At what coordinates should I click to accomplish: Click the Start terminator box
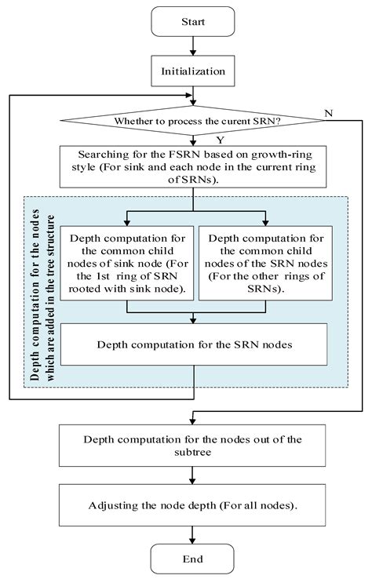click(x=192, y=22)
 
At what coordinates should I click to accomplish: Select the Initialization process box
click(x=192, y=71)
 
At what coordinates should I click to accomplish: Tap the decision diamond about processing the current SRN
click(x=192, y=122)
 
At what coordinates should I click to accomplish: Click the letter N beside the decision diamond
click(x=328, y=114)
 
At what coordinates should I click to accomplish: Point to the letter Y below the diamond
click(x=198, y=139)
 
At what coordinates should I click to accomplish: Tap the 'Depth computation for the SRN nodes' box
click(x=192, y=344)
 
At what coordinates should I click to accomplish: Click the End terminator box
click(x=192, y=558)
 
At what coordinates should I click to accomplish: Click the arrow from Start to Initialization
click(x=192, y=47)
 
